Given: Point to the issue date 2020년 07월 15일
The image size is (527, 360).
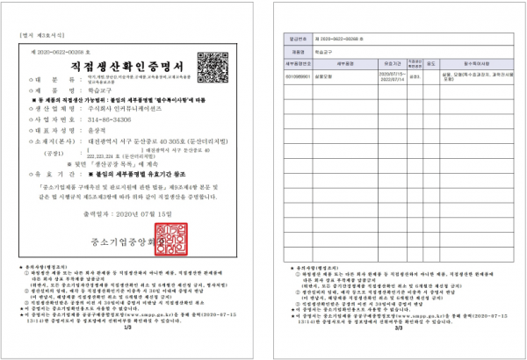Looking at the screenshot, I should click(132, 213).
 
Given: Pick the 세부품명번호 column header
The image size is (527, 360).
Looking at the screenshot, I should click(300, 63).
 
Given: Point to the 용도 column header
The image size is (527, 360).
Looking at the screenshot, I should click(431, 63).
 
